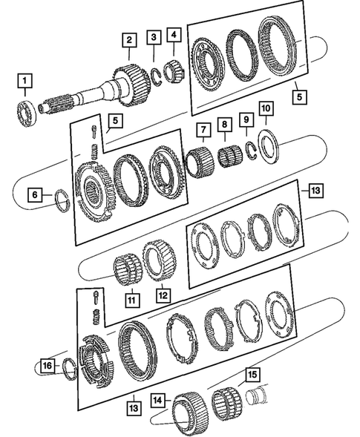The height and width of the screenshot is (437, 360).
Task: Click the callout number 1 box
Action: tap(26, 79)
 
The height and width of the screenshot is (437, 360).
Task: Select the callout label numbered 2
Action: tap(129, 40)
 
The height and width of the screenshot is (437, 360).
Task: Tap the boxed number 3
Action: tap(153, 37)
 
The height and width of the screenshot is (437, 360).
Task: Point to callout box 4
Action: tap(174, 34)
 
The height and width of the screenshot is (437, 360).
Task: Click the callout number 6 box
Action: tap(36, 195)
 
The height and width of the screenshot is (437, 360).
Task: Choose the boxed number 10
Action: tap(266, 109)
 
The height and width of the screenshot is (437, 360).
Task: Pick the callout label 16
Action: tap(47, 366)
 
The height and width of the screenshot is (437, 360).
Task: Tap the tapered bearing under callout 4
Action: tap(176, 70)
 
